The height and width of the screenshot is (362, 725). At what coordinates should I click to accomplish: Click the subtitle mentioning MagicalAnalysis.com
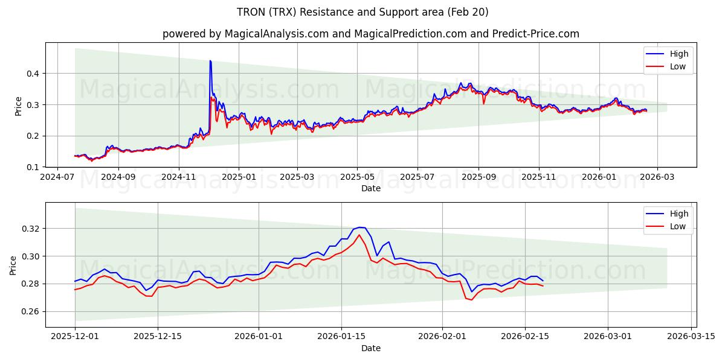coord(371,34)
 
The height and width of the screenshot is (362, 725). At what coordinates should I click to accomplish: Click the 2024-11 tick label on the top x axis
coord(179,178)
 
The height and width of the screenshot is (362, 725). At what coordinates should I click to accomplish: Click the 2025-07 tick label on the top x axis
coord(417,178)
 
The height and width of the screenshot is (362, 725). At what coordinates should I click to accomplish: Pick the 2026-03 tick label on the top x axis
coord(657,178)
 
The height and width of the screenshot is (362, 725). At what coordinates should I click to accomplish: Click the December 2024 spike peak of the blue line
coord(210,61)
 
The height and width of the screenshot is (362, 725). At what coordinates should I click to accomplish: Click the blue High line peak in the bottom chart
coord(359,227)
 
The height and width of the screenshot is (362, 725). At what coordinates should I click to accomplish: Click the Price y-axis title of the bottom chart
coord(13,265)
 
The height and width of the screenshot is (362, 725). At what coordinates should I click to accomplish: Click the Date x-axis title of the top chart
coord(371,188)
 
